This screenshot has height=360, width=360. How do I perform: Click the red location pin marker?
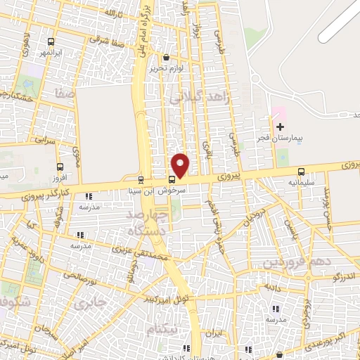click(181, 165)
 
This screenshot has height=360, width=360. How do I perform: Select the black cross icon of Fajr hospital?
click(281, 127)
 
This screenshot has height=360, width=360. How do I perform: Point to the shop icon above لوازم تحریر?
click(166, 58)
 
